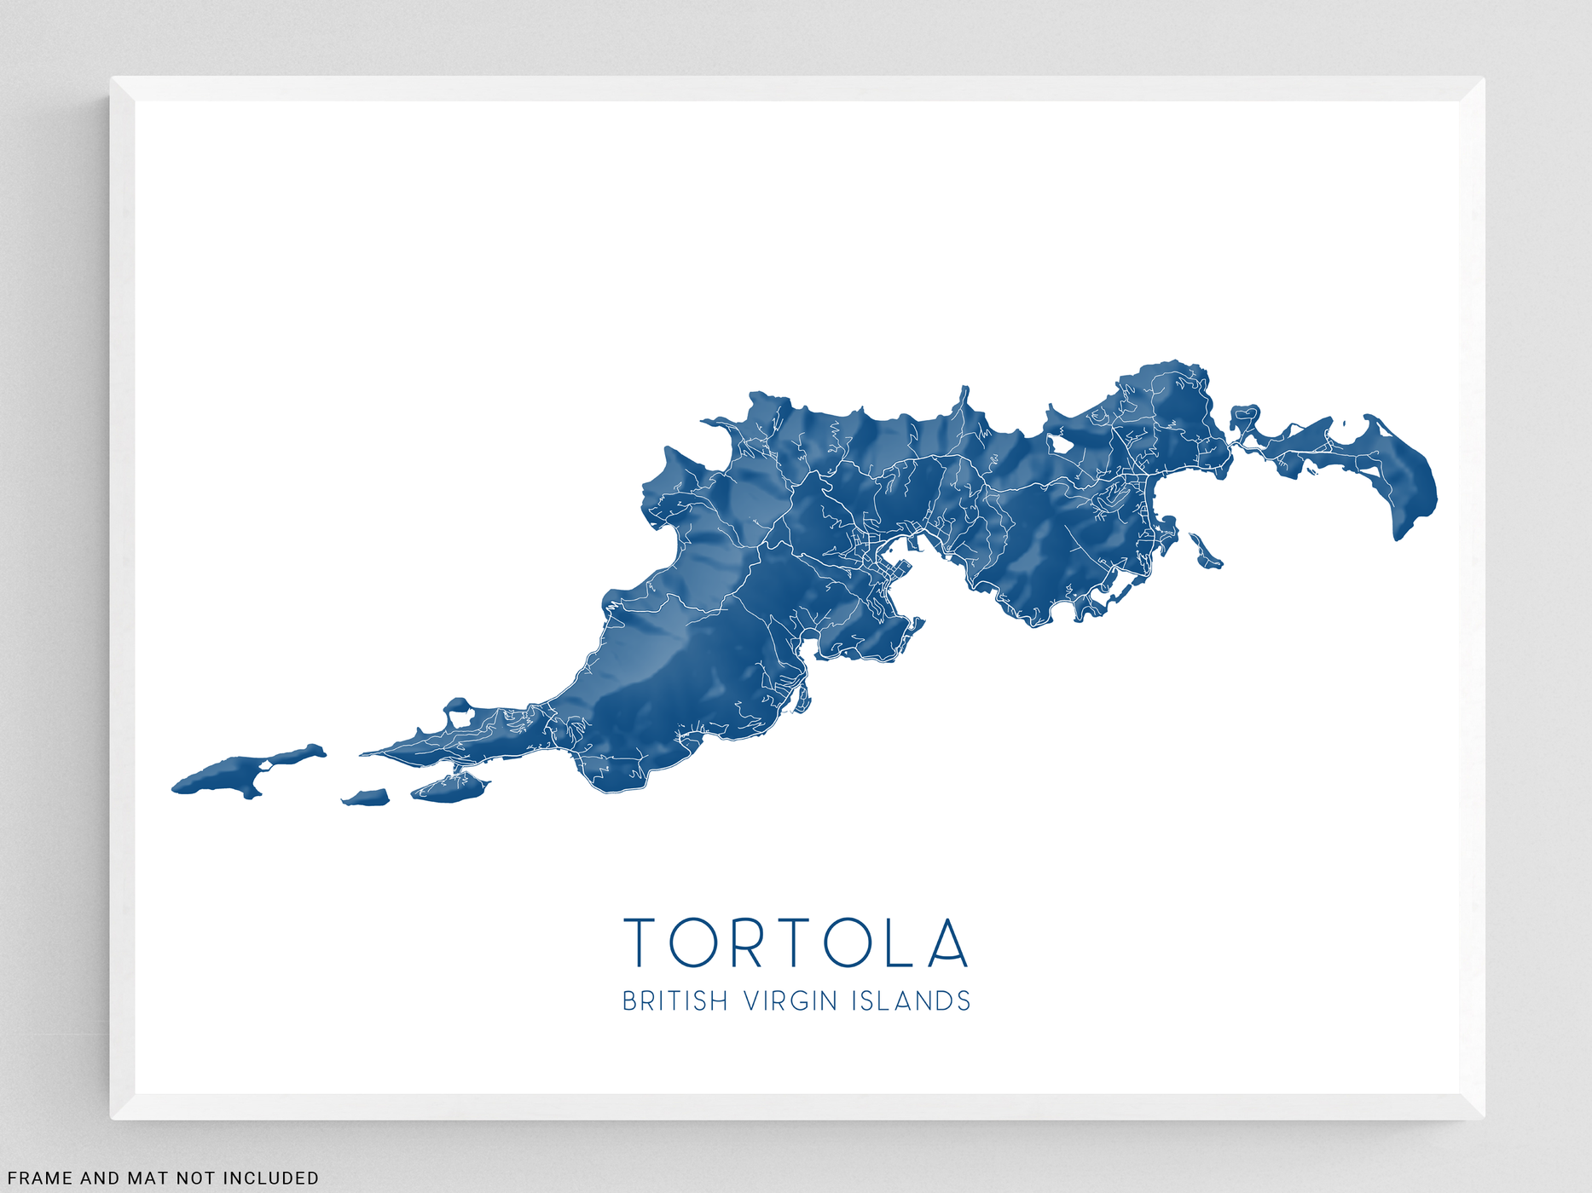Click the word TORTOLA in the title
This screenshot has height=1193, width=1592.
(796, 942)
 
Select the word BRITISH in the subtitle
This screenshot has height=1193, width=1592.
(674, 1000)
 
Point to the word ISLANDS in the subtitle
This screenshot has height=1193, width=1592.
(912, 1000)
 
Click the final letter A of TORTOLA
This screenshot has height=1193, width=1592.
(948, 942)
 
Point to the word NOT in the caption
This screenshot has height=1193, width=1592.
(195, 1179)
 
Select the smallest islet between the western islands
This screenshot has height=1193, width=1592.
(367, 798)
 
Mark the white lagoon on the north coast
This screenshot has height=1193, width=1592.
(1060, 443)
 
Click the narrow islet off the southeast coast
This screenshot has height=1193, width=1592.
(1204, 550)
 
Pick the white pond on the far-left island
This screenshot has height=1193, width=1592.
(264, 764)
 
